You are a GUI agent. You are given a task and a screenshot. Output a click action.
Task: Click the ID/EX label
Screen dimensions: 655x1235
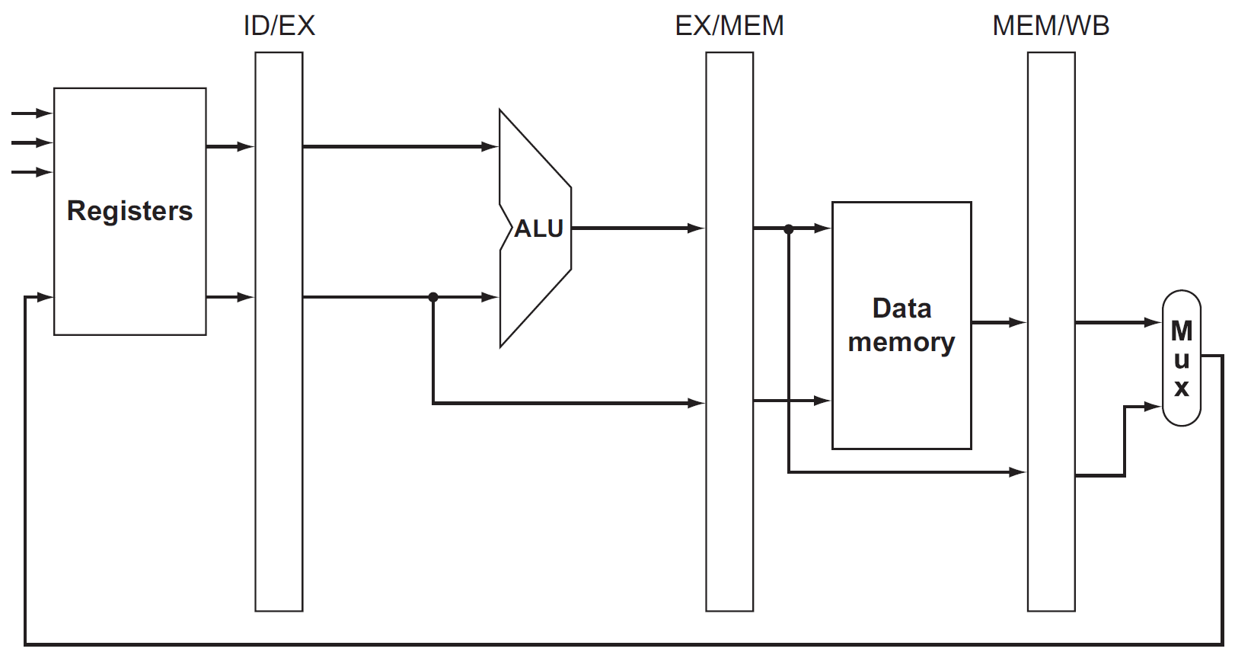(279, 26)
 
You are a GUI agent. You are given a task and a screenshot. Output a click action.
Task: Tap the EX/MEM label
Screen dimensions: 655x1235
(729, 26)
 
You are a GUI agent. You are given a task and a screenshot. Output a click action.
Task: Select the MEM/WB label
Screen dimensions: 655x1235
(1051, 26)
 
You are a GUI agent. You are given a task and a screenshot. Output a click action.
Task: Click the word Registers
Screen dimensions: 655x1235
(129, 211)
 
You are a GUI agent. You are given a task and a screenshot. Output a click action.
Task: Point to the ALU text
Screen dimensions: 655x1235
(538, 228)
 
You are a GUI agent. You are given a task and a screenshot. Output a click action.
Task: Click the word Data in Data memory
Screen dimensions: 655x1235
(902, 308)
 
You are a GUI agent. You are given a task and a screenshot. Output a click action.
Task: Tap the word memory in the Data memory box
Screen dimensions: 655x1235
(902, 342)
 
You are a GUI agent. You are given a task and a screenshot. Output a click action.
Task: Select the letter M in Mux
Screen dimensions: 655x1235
(1182, 331)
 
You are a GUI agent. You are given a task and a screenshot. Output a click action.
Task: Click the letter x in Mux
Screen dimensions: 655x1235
(1182, 388)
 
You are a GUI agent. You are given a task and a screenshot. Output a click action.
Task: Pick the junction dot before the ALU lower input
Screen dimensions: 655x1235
(433, 297)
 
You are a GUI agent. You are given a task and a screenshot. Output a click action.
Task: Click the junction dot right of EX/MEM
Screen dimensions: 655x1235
(789, 228)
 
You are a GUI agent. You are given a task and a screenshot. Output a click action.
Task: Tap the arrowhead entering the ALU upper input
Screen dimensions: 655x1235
(491, 146)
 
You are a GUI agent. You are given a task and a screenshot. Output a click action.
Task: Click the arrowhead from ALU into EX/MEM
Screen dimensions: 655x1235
(697, 228)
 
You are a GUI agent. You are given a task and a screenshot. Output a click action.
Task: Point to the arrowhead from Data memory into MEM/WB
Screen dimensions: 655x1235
(1018, 323)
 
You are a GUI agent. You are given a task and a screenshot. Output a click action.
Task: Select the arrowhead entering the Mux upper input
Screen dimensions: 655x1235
(1154, 323)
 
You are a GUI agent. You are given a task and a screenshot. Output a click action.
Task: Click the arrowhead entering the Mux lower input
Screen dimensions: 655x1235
(1154, 407)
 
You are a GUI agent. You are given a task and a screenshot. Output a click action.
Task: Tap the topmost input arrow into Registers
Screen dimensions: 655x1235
(44, 113)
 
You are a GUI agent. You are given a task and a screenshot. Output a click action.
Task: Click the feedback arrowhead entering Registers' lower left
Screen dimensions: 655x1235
(45, 297)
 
